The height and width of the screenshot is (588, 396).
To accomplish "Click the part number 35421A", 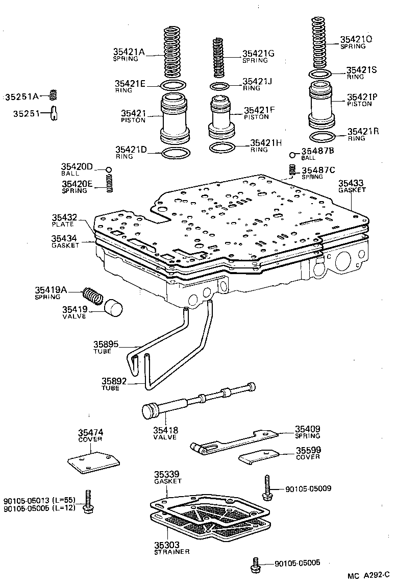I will (x=129, y=52).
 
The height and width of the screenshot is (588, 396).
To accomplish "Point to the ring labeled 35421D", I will (x=175, y=153).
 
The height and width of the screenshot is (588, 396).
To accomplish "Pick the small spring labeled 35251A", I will (x=52, y=95).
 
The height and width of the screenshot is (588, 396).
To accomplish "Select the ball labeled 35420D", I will (x=108, y=170).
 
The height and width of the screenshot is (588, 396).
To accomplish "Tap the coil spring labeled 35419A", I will (x=93, y=295).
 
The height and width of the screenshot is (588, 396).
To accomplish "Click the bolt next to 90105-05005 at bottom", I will (x=257, y=566).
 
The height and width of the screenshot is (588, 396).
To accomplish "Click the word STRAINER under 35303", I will (x=171, y=552).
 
